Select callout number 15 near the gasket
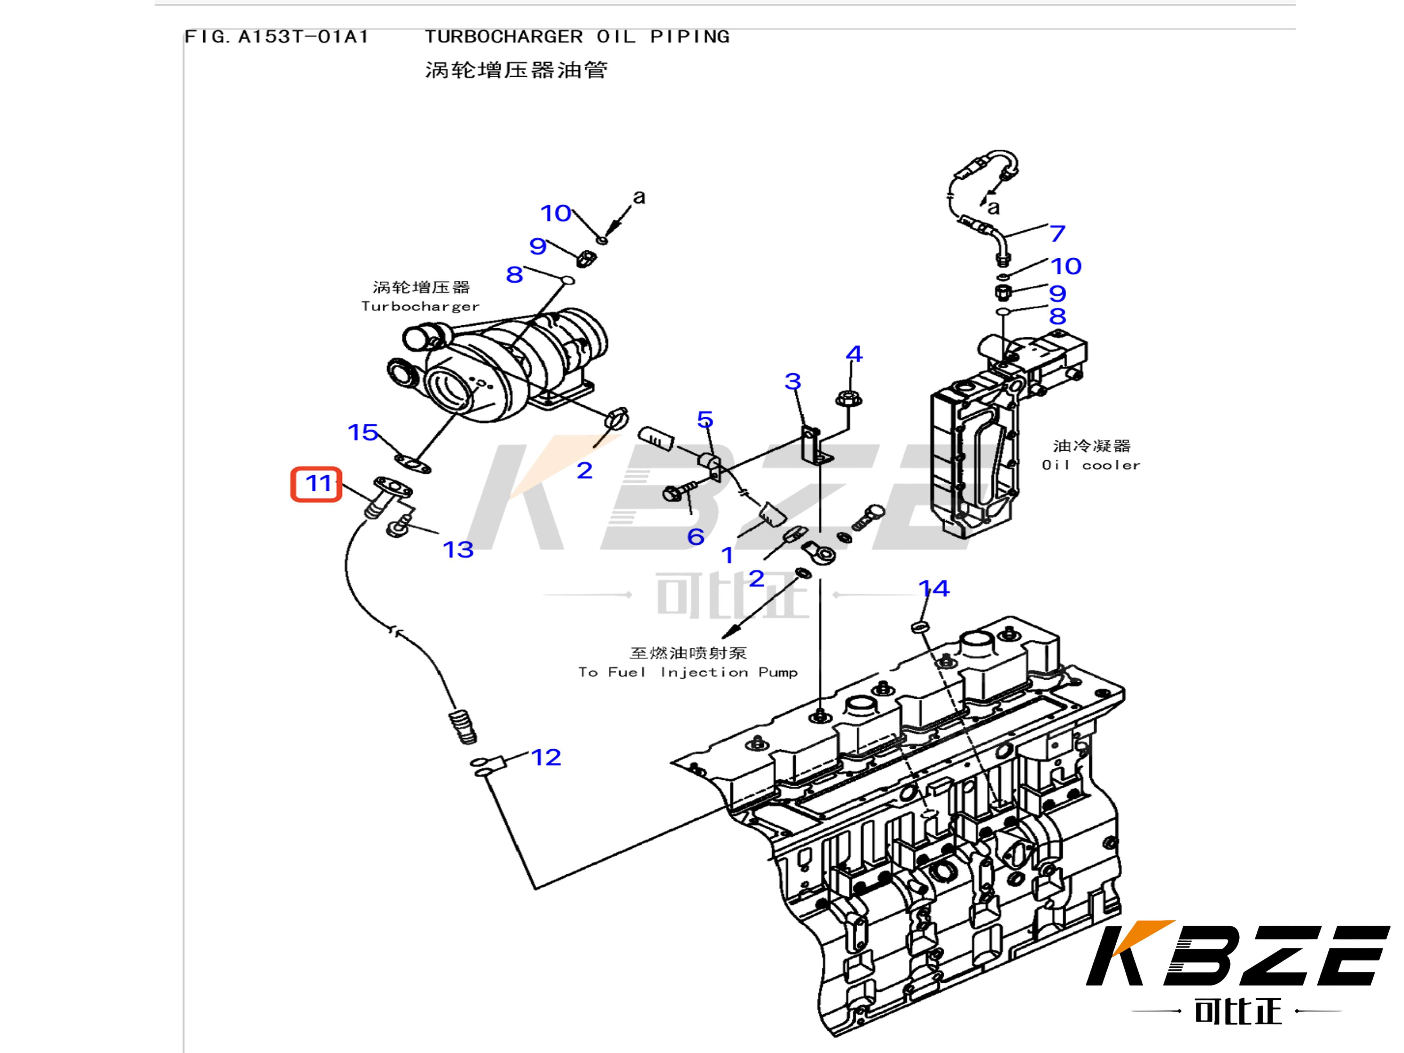click(x=363, y=433)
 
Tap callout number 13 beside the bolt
click(x=458, y=550)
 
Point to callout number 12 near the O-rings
click(x=546, y=757)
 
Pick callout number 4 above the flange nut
click(x=854, y=354)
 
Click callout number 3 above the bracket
click(x=793, y=382)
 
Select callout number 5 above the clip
click(x=705, y=420)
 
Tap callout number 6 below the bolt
click(x=696, y=537)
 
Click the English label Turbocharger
click(x=420, y=306)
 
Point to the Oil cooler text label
click(x=1091, y=465)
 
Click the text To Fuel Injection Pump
click(x=688, y=672)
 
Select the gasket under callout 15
click(x=413, y=464)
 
